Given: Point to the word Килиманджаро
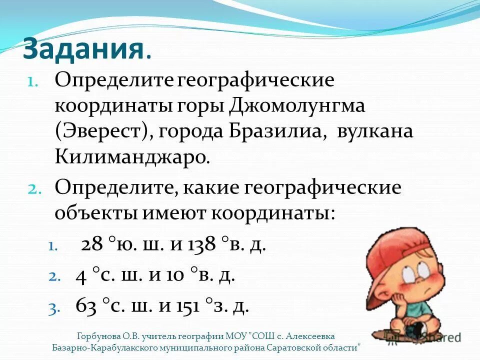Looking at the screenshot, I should pyautogui.click(x=130, y=157).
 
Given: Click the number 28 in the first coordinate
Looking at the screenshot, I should pyautogui.click(x=92, y=245).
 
